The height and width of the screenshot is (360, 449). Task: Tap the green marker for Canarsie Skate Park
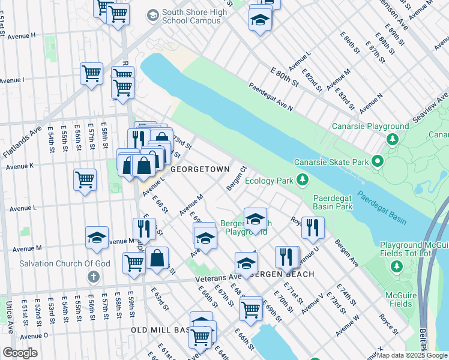378,161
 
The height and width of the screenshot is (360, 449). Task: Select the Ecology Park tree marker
304,179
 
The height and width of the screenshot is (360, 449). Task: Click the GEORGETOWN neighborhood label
200,170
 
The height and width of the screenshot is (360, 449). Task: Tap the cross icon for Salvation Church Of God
92,277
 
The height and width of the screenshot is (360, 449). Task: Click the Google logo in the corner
20,353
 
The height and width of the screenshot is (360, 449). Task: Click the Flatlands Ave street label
22,142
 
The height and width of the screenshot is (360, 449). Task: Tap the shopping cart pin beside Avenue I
91,74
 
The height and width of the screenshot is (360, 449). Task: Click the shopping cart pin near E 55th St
85,179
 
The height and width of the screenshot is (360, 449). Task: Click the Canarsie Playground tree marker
392,139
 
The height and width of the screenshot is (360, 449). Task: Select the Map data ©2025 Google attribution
412,355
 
